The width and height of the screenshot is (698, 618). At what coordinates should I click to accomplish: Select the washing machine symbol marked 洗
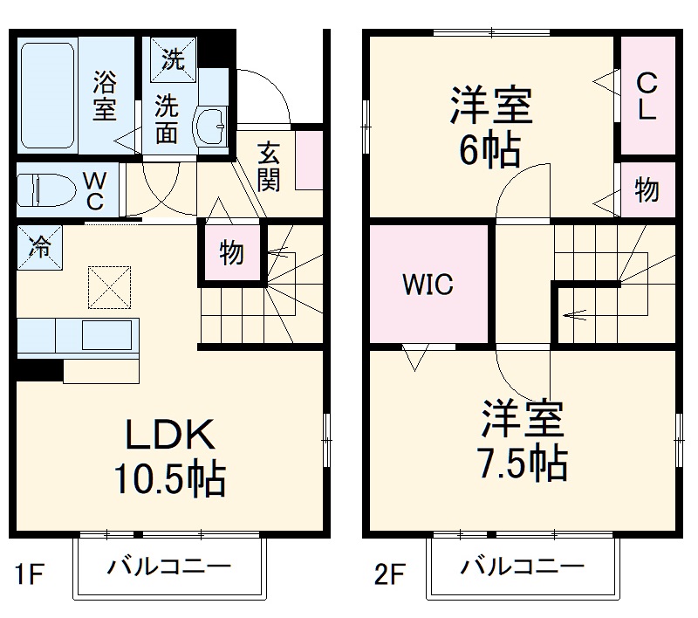tap(171, 61)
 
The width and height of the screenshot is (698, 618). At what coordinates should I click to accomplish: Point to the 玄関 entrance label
tap(268, 167)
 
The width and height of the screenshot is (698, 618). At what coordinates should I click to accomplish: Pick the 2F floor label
tap(392, 575)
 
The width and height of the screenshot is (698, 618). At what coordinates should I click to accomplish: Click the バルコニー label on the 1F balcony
tap(169, 567)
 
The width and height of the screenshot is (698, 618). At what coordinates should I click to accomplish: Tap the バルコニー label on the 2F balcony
tap(522, 567)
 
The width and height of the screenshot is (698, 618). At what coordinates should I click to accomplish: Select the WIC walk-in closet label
tap(427, 285)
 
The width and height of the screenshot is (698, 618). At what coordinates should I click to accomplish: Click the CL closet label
tap(647, 96)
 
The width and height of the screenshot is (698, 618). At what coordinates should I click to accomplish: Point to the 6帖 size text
tap(490, 151)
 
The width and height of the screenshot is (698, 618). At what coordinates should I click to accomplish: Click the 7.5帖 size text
tap(522, 462)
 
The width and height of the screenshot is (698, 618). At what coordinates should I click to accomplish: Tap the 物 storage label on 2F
tap(647, 189)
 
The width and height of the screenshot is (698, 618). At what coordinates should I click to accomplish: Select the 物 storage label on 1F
tap(231, 253)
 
